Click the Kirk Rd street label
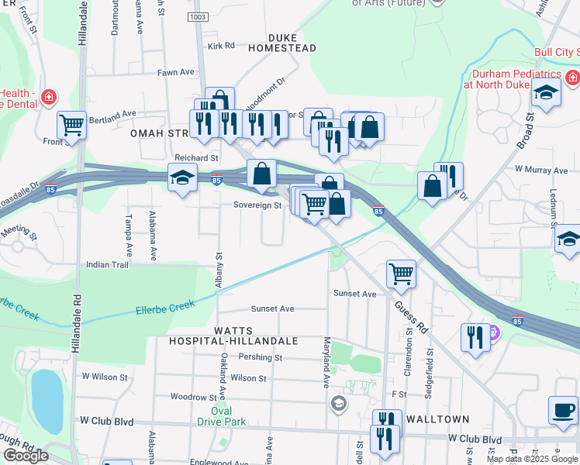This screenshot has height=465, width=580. (221, 46)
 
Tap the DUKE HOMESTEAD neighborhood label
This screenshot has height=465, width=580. (282, 43)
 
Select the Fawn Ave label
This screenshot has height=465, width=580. (175, 72)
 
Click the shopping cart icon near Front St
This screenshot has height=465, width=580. (71, 124)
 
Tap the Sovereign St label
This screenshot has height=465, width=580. (257, 205)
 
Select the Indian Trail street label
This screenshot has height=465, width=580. (108, 264)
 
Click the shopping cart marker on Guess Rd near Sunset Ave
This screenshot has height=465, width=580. (401, 272)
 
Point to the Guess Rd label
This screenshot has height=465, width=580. (416, 315)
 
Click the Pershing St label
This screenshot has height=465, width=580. (261, 357)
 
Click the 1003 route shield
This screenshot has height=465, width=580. (198, 16)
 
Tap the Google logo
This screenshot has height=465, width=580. (26, 456)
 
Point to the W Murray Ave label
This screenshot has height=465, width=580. (541, 169)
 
